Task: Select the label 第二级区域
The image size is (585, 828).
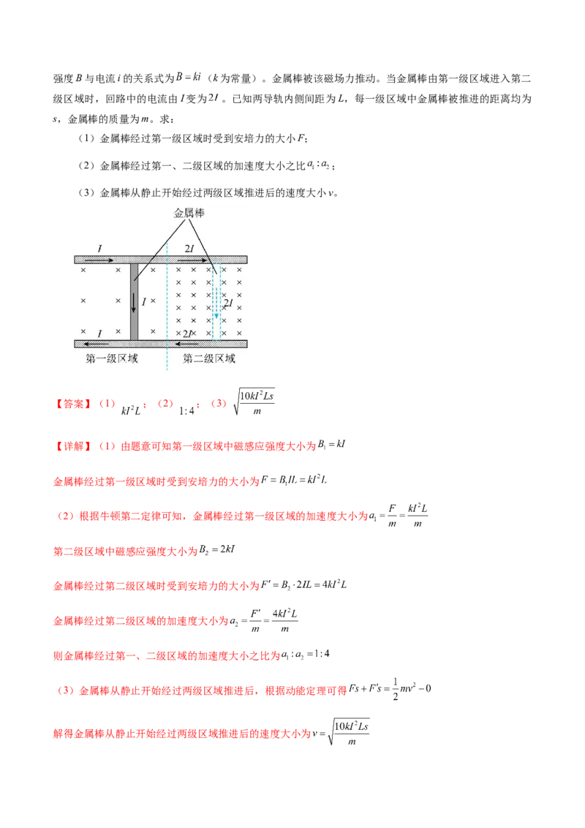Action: [x=209, y=358]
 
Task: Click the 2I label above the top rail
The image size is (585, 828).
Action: [x=189, y=250]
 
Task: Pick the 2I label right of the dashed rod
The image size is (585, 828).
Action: [x=228, y=303]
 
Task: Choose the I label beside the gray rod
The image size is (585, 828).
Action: [x=143, y=301]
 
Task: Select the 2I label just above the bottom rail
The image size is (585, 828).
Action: [x=188, y=334]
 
